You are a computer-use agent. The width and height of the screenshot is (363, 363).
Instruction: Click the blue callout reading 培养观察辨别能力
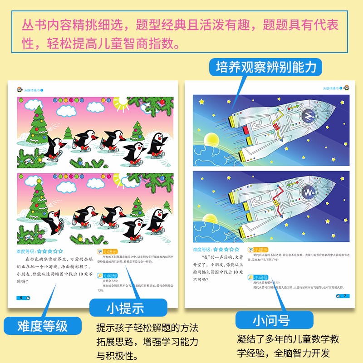[x=265, y=68]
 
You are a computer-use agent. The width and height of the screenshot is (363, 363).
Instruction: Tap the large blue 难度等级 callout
[x=42, y=326]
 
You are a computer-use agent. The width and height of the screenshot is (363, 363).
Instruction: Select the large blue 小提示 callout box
[x=125, y=309]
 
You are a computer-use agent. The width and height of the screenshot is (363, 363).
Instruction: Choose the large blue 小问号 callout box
[x=271, y=321]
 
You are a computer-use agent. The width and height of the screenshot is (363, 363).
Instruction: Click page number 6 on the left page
[x=21, y=297]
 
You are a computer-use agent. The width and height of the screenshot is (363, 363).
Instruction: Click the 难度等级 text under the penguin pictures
[x=26, y=250]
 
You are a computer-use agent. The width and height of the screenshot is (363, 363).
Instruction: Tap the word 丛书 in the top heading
[x=32, y=24]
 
